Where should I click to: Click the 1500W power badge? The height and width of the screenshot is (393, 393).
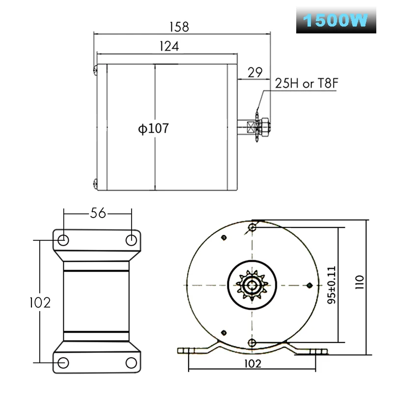pos(336,20)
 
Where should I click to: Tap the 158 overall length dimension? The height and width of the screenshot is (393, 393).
pos(179,27)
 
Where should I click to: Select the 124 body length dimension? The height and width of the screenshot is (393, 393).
pos(169,46)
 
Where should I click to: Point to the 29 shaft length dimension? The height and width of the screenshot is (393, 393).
pos(255,72)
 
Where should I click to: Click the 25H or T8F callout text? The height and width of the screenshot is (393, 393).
pos(307,83)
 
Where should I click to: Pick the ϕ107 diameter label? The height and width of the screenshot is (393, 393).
pos(153,128)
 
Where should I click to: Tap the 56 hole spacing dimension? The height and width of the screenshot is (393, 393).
pos(98,213)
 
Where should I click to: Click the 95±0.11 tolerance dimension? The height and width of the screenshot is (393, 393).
pos(331,285)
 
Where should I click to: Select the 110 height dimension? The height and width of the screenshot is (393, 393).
pos(359,282)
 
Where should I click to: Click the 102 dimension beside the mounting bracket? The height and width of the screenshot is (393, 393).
pos(40,303)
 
